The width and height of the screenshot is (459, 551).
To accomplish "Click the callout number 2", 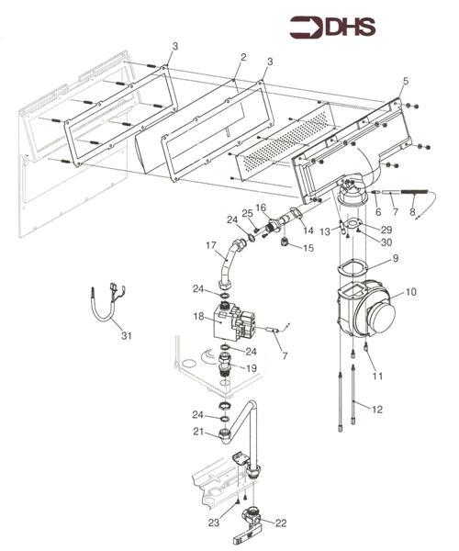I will pos(242,58).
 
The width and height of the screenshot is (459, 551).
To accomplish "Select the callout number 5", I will pos(405,82).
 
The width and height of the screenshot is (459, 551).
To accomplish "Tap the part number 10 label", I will pos(410,292).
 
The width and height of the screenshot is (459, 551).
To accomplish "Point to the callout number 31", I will pos(126,336).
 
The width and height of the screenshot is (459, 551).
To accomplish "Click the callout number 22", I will pos(281,523).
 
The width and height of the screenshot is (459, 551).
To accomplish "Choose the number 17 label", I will pos(210,245).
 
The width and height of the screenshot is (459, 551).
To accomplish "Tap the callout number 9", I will pos(396,261).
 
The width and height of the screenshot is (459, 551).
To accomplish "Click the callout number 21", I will pos(196,432).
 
